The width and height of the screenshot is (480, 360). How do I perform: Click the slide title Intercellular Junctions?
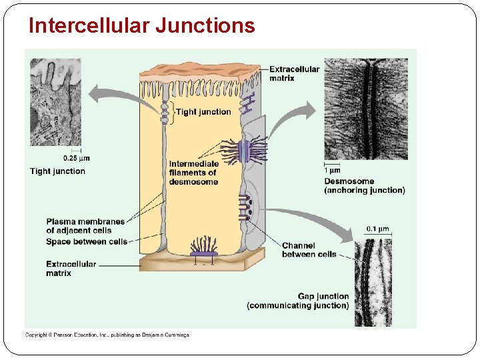coord(141,25)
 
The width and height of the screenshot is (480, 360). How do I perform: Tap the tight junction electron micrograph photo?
coord(55,101)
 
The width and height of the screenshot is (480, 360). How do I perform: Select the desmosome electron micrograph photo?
coord(365,109)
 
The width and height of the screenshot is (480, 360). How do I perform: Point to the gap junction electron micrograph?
coord(373,282)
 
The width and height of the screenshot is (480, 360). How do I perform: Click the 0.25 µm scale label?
coord(76,159)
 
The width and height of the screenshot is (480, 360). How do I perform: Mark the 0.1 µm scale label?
coord(377,229)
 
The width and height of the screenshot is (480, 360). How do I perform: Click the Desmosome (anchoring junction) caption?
coord(364,185)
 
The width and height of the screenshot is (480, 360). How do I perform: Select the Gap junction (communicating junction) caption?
coord(298,301)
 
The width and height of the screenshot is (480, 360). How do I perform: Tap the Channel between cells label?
coord(309,250)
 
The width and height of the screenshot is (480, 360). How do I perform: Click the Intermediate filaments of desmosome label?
coord(193,173)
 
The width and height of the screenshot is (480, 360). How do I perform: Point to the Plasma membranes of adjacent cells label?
coord(85,226)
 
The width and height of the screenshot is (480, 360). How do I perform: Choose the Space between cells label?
coord(87,241)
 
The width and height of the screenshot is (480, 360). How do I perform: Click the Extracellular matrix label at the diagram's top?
coord(294,73)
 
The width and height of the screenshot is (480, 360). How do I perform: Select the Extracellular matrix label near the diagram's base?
coord(71,269)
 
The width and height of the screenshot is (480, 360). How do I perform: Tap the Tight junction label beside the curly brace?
coord(203,112)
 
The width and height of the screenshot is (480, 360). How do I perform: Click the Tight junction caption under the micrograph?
coord(57,171)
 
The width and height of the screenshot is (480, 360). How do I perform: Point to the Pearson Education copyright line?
coord(107,335)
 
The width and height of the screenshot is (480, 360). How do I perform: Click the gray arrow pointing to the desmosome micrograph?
coord(293,119)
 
